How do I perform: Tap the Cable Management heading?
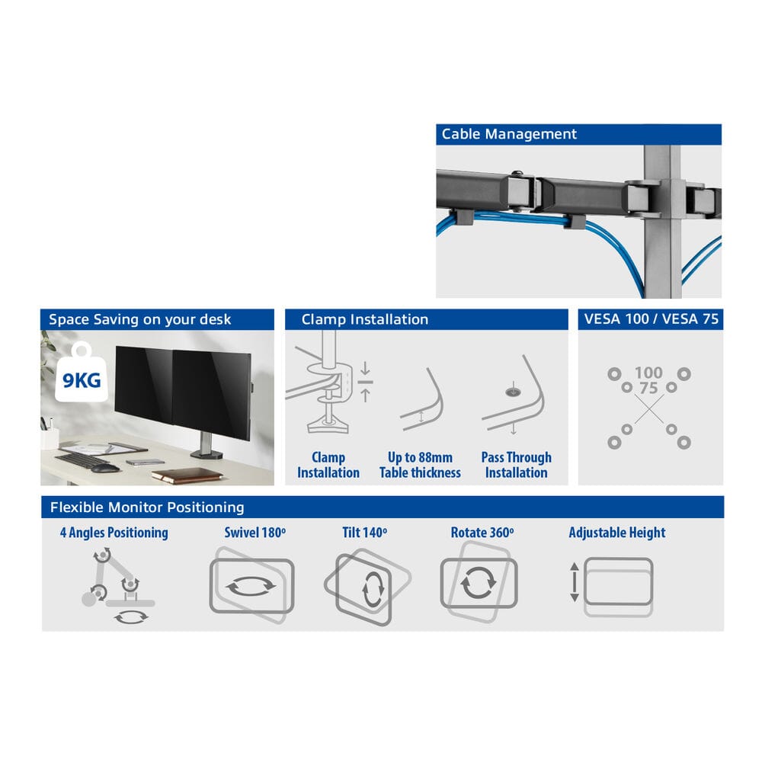click(509, 134)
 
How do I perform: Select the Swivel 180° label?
click(255, 533)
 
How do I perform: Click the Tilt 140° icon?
click(367, 587)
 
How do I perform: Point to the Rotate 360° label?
click(482, 533)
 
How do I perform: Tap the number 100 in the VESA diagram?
click(648, 373)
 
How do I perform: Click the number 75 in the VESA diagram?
click(648, 389)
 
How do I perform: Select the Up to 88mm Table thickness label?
click(420, 465)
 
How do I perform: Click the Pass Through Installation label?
click(516, 465)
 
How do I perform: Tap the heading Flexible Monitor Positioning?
click(147, 507)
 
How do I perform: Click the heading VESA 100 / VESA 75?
click(652, 319)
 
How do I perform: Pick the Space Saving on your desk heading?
click(140, 319)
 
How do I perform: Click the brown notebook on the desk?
click(187, 475)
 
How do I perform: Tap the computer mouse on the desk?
click(104, 468)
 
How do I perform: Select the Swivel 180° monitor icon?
click(251, 585)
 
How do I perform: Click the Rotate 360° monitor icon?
click(479, 582)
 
